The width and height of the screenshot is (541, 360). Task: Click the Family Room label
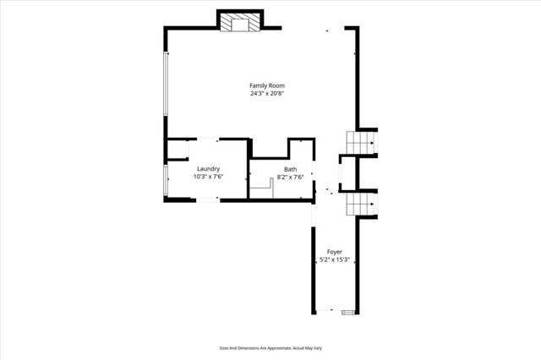(x=266, y=85)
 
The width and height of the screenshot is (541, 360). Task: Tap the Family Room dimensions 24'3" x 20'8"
(x=266, y=94)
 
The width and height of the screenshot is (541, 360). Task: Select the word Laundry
(x=208, y=169)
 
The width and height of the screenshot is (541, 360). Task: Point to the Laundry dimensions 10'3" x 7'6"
(x=208, y=177)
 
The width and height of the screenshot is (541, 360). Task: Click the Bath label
(x=290, y=169)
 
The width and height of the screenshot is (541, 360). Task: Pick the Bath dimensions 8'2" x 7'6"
(x=290, y=177)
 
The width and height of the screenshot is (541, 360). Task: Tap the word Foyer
(x=334, y=252)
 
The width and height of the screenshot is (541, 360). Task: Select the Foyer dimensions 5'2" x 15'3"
(x=334, y=260)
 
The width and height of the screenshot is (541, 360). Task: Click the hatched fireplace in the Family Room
(x=239, y=24)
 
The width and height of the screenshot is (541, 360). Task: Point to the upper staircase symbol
(x=363, y=144)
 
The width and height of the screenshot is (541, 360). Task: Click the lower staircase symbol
(x=363, y=204)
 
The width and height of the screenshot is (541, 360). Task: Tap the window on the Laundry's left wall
(x=166, y=180)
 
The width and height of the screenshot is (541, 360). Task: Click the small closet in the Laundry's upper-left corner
(x=178, y=150)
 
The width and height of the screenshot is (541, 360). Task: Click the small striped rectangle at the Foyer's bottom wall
(x=347, y=313)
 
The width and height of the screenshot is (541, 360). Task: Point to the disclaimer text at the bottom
(x=270, y=347)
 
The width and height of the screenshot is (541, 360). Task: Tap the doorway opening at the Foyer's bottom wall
(x=325, y=312)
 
